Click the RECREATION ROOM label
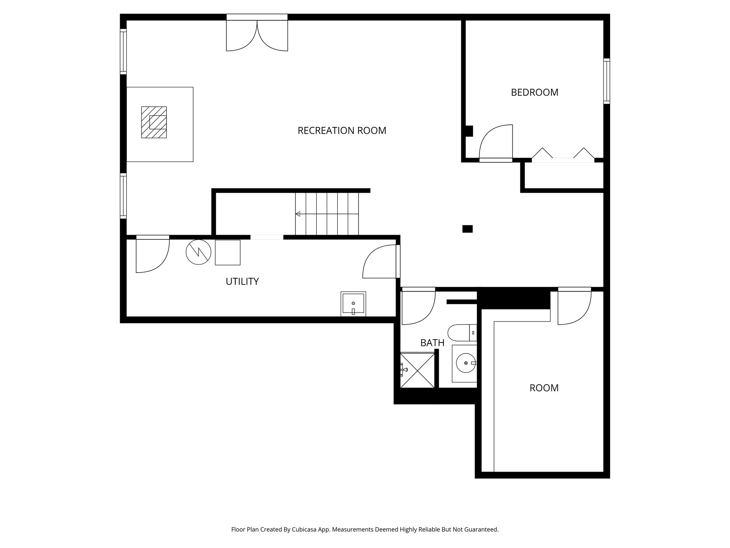[341, 131]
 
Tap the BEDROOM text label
[534, 92]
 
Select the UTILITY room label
[242, 281]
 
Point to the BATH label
[432, 343]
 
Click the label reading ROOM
[544, 388]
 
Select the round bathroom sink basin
[466, 363]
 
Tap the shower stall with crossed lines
[417, 370]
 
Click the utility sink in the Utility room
[353, 304]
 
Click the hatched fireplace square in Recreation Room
[154, 122]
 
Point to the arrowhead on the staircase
[298, 214]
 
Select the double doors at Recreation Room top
[257, 36]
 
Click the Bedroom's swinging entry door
[497, 143]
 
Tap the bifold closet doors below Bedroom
[563, 156]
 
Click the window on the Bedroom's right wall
[606, 81]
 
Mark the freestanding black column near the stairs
[467, 229]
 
